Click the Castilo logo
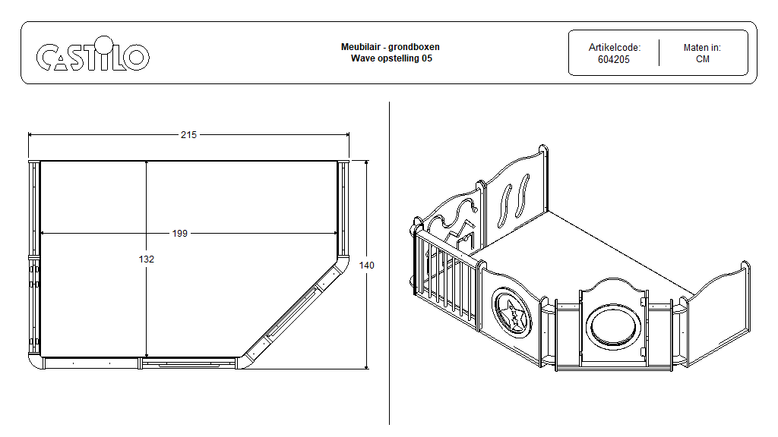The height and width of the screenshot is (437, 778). click(93, 57)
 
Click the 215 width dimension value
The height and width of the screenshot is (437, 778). click(188, 135)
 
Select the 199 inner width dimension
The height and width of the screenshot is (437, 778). click(179, 233)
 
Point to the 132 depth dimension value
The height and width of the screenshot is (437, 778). click(147, 259)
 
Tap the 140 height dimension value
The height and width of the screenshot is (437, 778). click(368, 265)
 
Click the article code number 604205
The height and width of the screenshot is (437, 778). click(613, 59)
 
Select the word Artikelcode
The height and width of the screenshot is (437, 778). click(614, 47)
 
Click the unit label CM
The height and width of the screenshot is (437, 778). click(702, 59)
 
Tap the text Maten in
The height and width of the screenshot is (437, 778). click(702, 47)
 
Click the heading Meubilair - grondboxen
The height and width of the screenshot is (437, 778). click(390, 47)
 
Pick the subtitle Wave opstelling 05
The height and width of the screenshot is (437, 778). click(390, 58)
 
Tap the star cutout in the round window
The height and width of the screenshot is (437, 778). click(514, 313)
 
